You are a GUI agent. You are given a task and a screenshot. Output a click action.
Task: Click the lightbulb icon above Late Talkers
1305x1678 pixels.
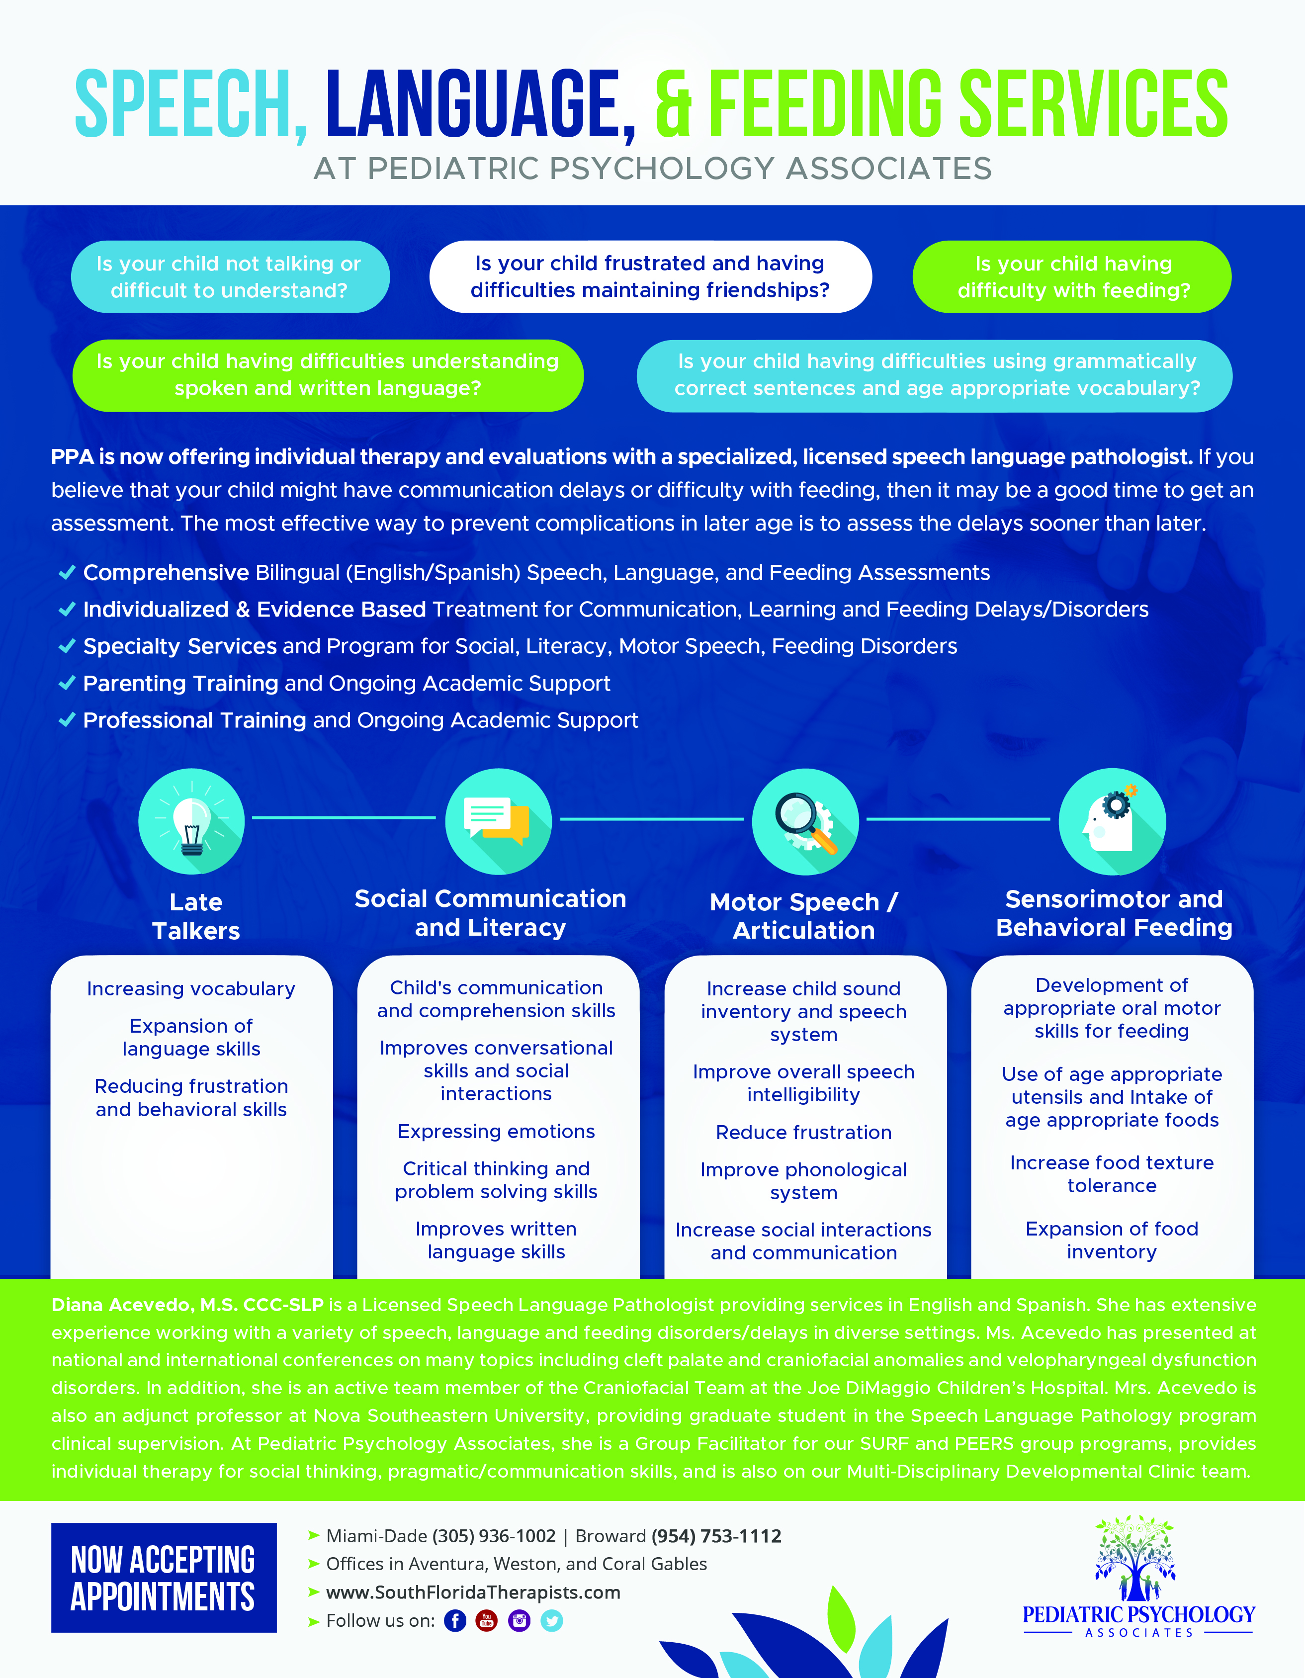[191, 821]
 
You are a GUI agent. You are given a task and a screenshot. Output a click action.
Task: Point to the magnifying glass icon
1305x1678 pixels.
[805, 821]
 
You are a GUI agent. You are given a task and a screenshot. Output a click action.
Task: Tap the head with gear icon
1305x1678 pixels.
[1112, 821]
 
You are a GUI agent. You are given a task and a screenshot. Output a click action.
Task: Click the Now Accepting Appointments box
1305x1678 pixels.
[164, 1578]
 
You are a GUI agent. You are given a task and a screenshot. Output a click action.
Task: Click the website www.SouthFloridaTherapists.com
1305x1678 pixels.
[473, 1592]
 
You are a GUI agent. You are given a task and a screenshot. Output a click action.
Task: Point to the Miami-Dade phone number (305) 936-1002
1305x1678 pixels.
[494, 1536]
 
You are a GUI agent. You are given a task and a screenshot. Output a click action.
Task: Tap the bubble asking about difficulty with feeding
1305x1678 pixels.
[1072, 276]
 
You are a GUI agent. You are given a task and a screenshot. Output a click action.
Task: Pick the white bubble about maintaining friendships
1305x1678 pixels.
[651, 276]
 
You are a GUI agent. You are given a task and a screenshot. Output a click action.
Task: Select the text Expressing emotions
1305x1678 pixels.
[496, 1131]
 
